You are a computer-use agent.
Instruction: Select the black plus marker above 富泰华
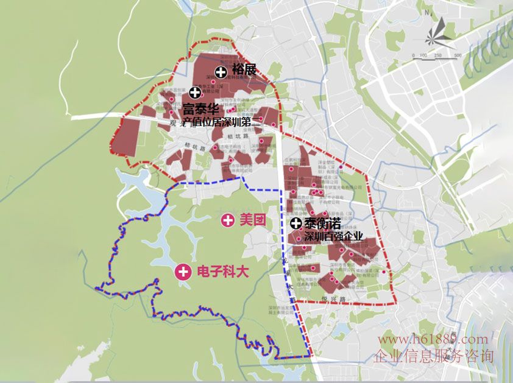coord(195,93)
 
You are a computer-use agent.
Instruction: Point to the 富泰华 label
coord(200,111)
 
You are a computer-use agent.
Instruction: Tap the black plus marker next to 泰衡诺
coord(296,223)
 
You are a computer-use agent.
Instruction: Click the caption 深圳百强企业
coord(333,236)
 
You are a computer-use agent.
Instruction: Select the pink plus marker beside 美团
coord(228,220)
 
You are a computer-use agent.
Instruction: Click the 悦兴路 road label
coord(334,299)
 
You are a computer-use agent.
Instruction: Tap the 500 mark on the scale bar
coord(457,56)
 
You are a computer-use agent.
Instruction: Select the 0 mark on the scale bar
coord(415,56)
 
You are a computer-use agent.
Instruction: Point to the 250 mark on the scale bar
coord(437,56)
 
